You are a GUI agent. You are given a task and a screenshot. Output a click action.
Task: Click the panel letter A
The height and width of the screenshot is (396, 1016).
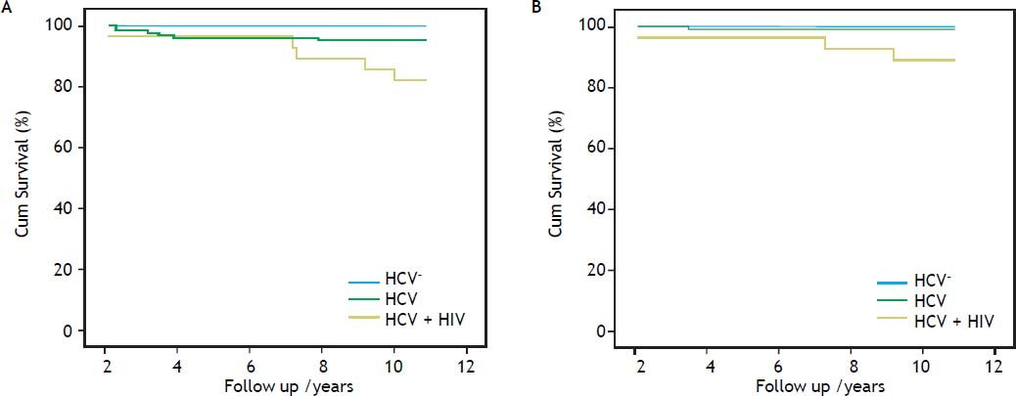click(x=7, y=8)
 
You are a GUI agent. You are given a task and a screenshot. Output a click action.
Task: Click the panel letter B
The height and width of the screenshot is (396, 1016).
click(x=536, y=8)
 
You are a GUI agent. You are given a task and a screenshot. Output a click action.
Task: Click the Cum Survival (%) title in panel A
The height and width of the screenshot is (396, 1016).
click(x=22, y=177)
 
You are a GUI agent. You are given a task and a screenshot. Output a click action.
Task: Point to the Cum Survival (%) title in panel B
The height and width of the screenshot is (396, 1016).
click(x=555, y=177)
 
